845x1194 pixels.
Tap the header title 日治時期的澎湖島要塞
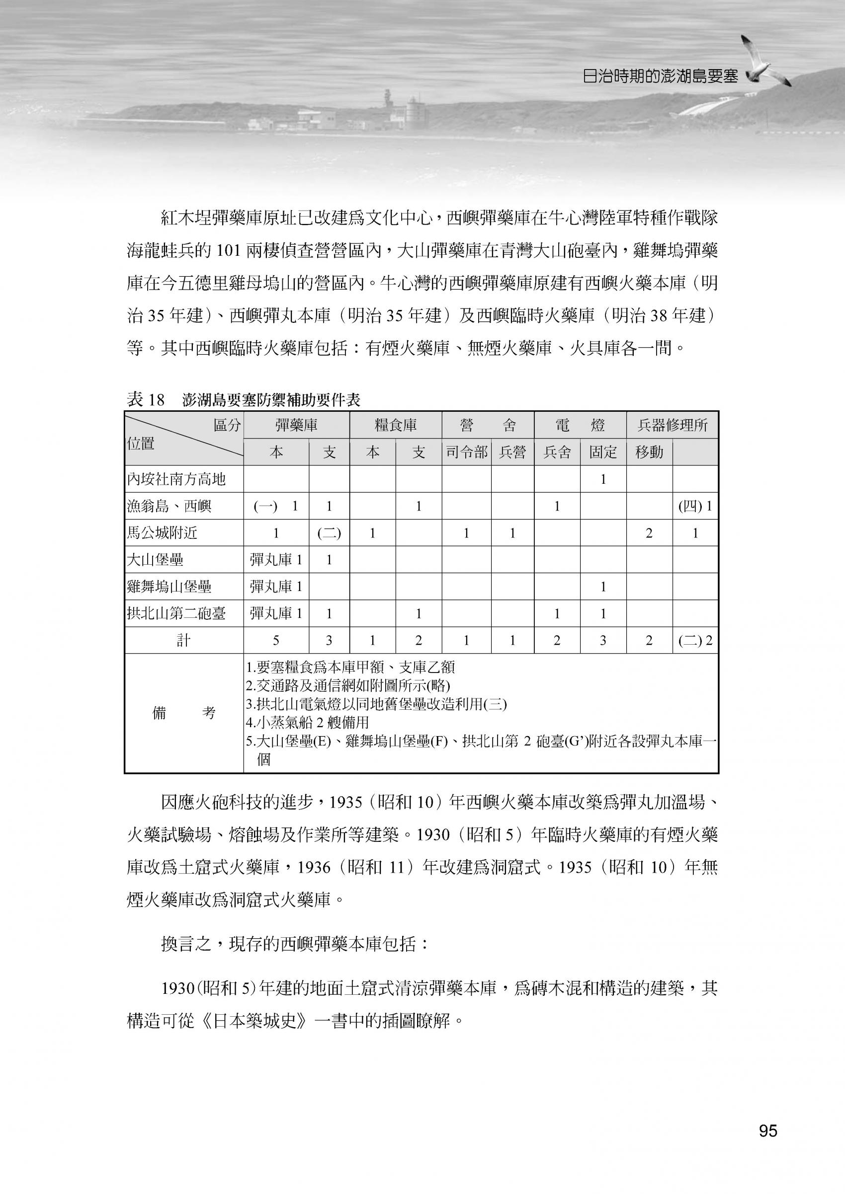[660, 76]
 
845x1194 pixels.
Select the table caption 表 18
[146, 400]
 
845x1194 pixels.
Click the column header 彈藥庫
[296, 425]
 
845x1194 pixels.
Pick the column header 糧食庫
[396, 425]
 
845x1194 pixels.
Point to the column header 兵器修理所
[672, 425]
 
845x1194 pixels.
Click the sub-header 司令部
[466, 452]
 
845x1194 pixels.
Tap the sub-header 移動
[649, 452]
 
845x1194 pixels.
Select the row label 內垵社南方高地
[176, 479]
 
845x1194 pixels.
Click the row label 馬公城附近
[163, 533]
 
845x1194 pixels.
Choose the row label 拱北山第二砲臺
[176, 614]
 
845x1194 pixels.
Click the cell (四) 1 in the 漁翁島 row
[695, 506]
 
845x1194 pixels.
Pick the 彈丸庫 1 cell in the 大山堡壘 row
[276, 560]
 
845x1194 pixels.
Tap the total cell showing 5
[276, 641]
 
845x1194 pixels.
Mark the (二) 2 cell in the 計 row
[695, 641]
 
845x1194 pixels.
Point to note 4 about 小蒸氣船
[308, 722]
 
